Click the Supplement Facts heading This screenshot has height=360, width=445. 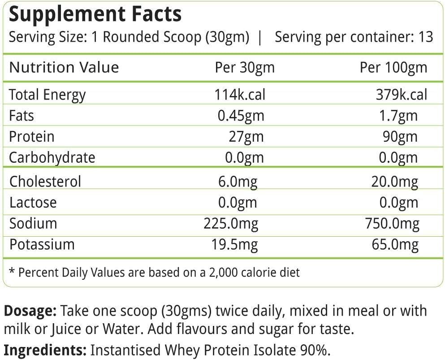(x=95, y=14)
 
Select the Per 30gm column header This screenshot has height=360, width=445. (x=245, y=68)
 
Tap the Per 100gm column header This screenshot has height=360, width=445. (x=393, y=68)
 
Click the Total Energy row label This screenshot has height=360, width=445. (x=47, y=95)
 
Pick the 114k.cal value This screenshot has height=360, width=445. (x=240, y=95)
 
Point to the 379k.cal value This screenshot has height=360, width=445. (x=401, y=95)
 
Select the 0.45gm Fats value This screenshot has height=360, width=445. (x=241, y=116)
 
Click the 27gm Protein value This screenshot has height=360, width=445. (x=246, y=136)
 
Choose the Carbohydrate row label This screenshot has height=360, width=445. (x=52, y=157)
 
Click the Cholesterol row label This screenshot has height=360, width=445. (x=45, y=182)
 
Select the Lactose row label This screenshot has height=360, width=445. (x=33, y=202)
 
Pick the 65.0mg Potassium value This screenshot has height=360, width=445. (x=396, y=244)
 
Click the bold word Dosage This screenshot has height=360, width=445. (x=30, y=311)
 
